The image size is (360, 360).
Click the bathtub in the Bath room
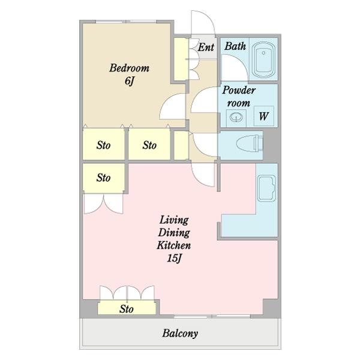(x=263, y=59)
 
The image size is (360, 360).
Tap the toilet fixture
(x=250, y=144)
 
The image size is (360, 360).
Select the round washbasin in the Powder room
(x=236, y=118)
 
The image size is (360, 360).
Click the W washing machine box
(x=264, y=116)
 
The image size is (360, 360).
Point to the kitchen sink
(x=266, y=188)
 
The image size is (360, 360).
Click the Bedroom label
(x=129, y=68)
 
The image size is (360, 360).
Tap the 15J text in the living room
(x=174, y=259)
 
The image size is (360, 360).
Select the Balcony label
(x=180, y=334)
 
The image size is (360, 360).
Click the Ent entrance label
(x=206, y=47)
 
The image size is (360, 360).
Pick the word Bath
(x=235, y=46)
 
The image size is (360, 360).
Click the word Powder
(x=239, y=90)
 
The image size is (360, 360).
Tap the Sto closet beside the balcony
(x=127, y=308)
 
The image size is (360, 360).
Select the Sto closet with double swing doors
(x=104, y=178)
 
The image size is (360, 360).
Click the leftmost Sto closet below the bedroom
(x=104, y=144)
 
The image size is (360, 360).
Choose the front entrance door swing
(x=203, y=23)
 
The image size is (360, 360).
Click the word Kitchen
(x=174, y=245)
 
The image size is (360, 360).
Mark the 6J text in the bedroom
(x=129, y=81)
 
